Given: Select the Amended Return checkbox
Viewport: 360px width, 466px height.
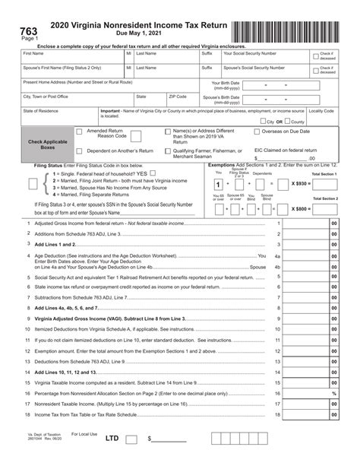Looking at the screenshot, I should coord(80,132).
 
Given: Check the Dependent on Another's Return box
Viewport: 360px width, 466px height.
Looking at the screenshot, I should coord(80,151).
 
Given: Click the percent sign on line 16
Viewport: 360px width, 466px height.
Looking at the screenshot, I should coord(333,393).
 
